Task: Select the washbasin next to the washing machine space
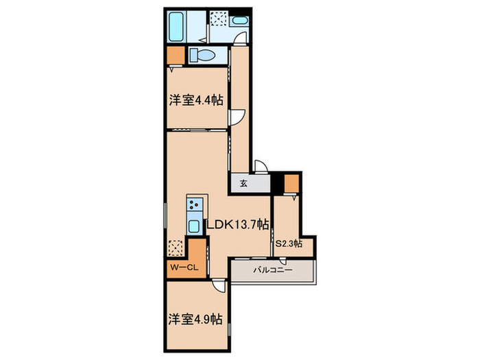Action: pos(239,21)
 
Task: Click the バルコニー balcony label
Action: pos(272,271)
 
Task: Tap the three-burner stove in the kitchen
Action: pos(195,204)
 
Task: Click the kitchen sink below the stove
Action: pos(194,226)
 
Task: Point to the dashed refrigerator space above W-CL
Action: pos(176,247)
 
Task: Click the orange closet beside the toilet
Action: pos(175,55)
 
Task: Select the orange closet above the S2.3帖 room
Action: pos(291,183)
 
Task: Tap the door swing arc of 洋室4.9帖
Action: pos(218,288)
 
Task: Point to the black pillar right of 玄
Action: pos(277,183)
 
